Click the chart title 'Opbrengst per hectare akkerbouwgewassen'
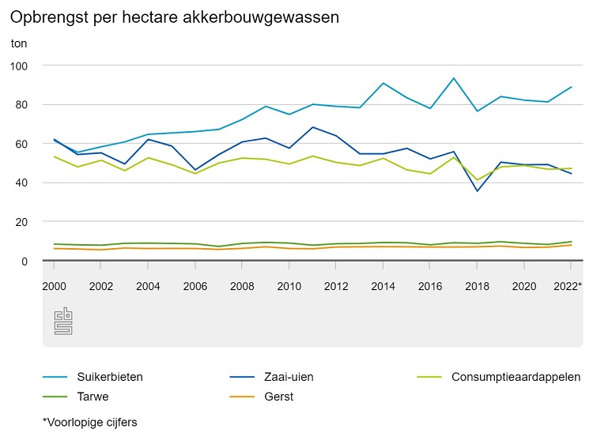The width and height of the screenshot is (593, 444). click(x=175, y=17)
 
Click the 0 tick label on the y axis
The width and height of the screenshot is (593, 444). click(x=25, y=261)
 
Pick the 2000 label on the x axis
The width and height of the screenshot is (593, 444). click(x=54, y=286)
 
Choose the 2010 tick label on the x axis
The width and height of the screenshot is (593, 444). click(x=289, y=286)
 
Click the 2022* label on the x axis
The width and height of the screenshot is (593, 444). click(x=568, y=286)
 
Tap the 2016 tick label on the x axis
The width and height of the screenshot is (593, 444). click(x=430, y=286)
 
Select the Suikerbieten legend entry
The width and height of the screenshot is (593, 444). click(x=110, y=377)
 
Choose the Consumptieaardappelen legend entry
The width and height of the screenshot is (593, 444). click(x=516, y=377)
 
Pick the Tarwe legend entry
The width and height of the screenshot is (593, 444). click(x=93, y=397)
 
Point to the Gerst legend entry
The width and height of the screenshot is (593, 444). click(x=278, y=397)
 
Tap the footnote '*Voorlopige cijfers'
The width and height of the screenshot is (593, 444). click(x=90, y=423)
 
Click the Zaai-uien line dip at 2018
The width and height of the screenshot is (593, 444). click(x=477, y=191)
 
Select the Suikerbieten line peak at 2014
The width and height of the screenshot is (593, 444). click(x=383, y=83)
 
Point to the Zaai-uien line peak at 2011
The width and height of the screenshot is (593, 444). click(x=313, y=127)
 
